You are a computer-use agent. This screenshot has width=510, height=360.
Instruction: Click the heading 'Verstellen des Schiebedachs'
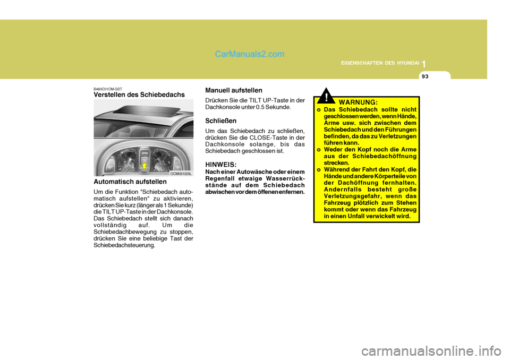[139, 95]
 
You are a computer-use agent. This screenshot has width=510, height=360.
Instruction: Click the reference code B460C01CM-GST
[108, 89]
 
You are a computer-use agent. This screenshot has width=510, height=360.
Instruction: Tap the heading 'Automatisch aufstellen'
[130, 182]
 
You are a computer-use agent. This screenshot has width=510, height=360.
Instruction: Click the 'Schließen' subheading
[222, 121]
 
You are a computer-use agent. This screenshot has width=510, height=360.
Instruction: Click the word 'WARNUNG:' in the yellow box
[358, 101]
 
